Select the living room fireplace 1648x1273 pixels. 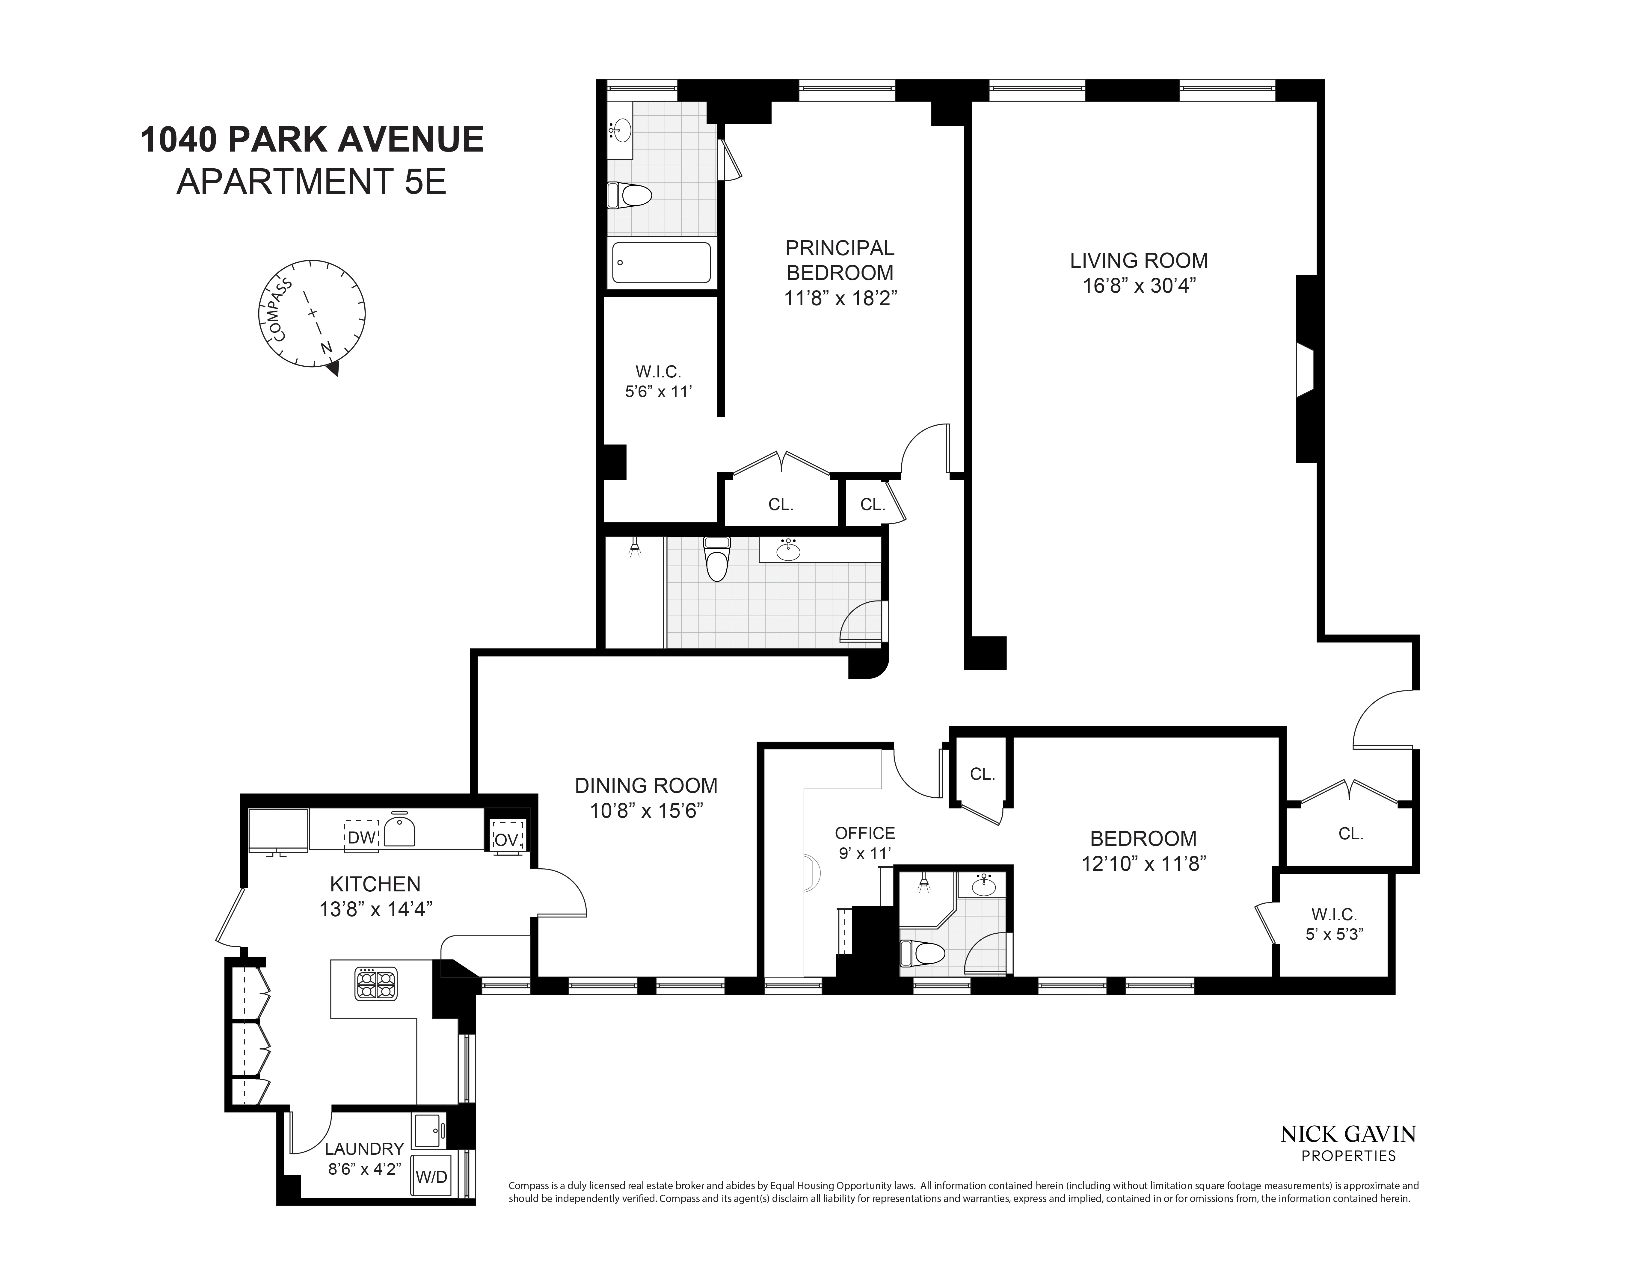tap(1306, 370)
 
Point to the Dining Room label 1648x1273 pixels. tap(646, 786)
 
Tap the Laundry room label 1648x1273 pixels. tap(364, 1149)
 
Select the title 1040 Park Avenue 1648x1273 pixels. tap(312, 140)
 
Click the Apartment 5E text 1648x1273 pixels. tap(312, 182)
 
